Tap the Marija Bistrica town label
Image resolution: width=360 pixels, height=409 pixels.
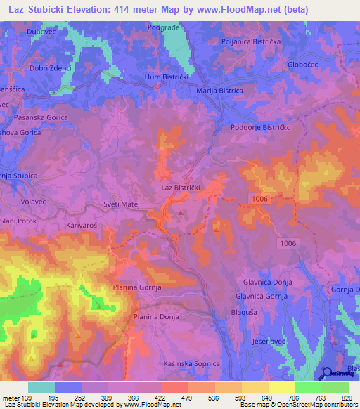click(219, 91)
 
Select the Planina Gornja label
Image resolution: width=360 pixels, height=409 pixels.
click(137, 287)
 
